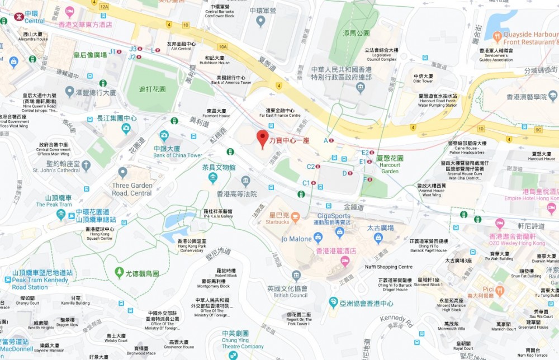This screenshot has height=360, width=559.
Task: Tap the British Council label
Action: pos(287,292)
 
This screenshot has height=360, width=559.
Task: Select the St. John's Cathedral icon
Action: pos(86,165)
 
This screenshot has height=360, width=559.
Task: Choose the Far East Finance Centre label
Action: pos(279,113)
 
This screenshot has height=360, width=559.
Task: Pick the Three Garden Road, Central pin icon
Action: pos(122,173)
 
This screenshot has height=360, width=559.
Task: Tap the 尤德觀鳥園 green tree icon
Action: pos(119,272)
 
